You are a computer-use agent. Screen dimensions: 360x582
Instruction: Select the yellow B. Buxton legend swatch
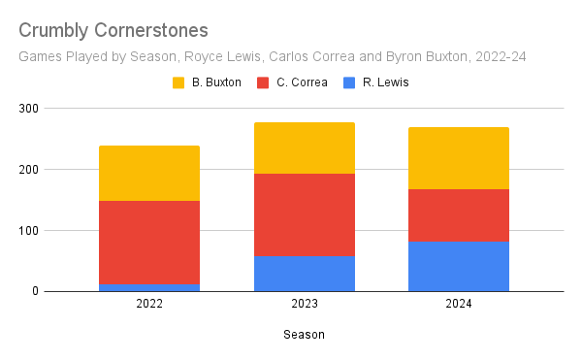[178, 82]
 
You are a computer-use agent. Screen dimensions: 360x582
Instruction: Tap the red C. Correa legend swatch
[263, 82]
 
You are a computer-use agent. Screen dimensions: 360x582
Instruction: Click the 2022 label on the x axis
[149, 304]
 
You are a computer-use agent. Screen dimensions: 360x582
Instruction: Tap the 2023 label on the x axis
[305, 304]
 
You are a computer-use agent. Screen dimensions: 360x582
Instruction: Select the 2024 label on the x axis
[459, 304]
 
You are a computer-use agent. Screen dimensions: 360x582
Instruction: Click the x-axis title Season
[304, 335]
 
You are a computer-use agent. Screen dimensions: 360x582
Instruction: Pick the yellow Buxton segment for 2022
[149, 174]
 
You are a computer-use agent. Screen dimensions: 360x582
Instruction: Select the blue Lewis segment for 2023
[305, 274]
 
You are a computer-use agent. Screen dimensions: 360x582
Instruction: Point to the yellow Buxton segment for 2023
[305, 148]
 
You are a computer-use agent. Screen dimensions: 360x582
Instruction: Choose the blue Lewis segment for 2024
[459, 266]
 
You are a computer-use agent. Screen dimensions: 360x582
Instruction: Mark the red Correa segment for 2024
[459, 215]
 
